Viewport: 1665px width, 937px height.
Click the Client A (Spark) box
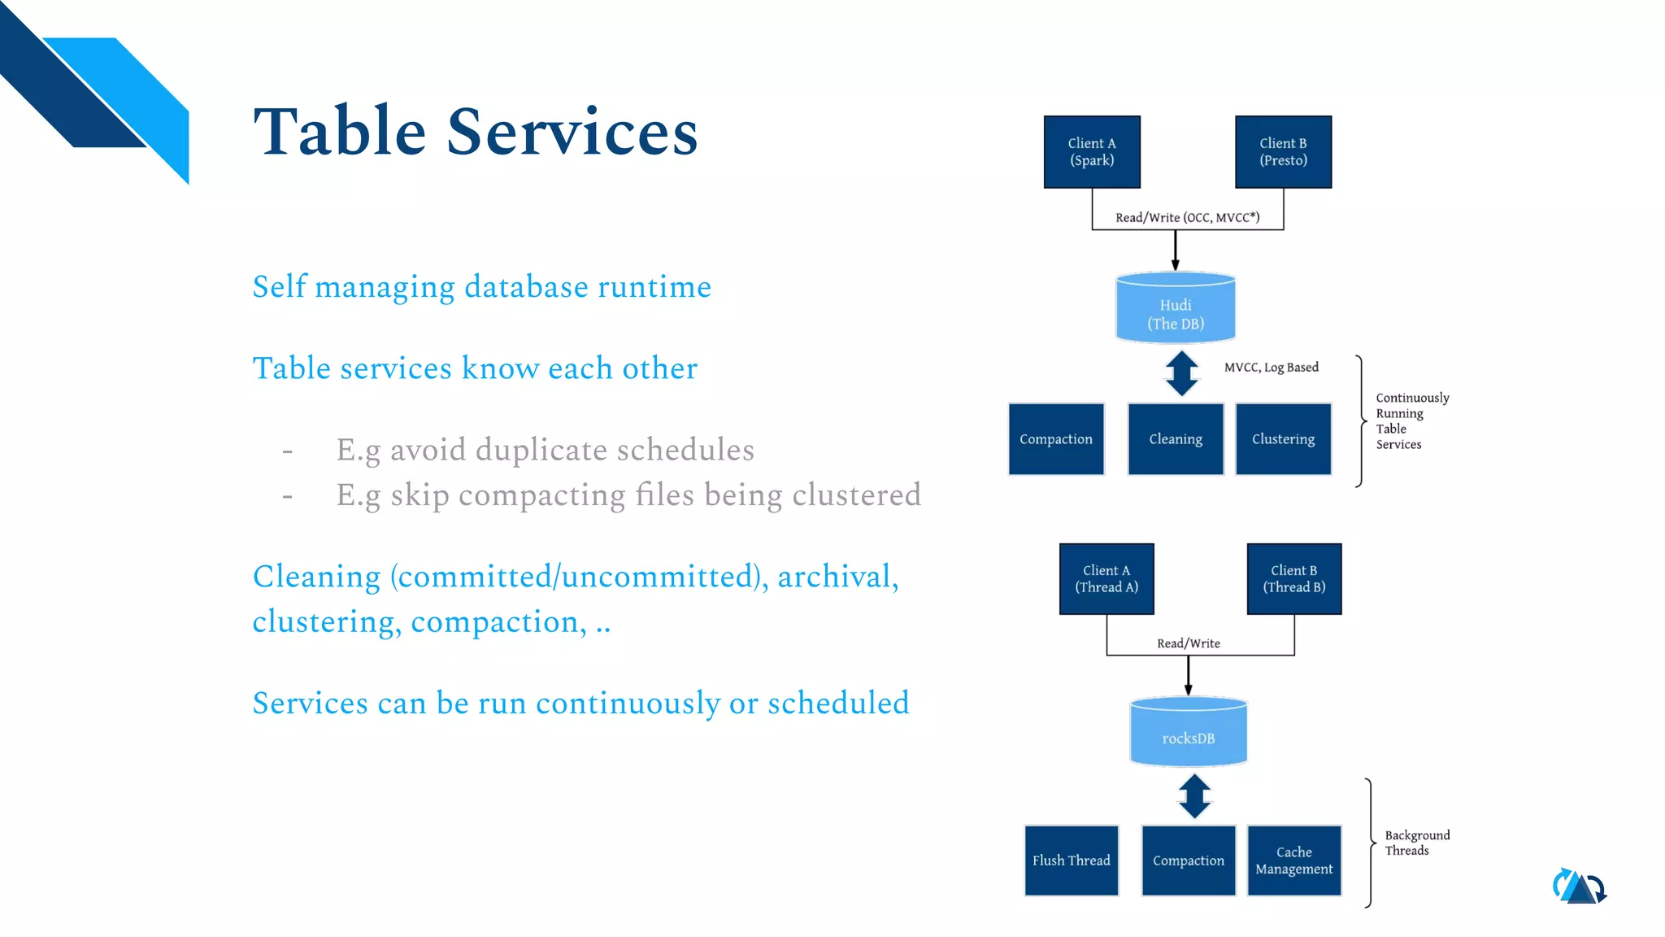tap(1092, 152)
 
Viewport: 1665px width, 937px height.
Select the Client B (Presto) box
tap(1283, 152)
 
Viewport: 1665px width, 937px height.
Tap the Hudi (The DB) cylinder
tap(1176, 310)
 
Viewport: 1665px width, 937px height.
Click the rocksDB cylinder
tap(1188, 733)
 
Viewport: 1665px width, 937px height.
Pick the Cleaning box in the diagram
tap(1176, 439)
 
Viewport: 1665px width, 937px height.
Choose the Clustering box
tap(1283, 439)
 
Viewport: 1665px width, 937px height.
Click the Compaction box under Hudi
tap(1056, 439)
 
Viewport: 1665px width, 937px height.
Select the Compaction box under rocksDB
tap(1188, 861)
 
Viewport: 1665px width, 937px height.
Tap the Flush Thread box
tap(1071, 861)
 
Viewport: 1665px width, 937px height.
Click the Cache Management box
tap(1293, 861)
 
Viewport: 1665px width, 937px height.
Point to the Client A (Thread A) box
tap(1106, 579)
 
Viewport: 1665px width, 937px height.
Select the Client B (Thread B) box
tap(1293, 579)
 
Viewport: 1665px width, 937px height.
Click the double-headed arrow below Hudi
tap(1181, 373)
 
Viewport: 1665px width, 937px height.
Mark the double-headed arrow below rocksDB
tap(1194, 796)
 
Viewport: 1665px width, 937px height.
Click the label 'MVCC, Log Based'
tap(1271, 368)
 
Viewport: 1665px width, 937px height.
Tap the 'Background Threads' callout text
tap(1416, 843)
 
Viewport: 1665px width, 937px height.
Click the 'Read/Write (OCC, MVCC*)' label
tap(1187, 218)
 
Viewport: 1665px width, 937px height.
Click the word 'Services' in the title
tap(572, 133)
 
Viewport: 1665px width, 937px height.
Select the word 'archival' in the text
tap(832, 577)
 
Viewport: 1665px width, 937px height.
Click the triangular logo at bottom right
tap(1579, 887)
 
